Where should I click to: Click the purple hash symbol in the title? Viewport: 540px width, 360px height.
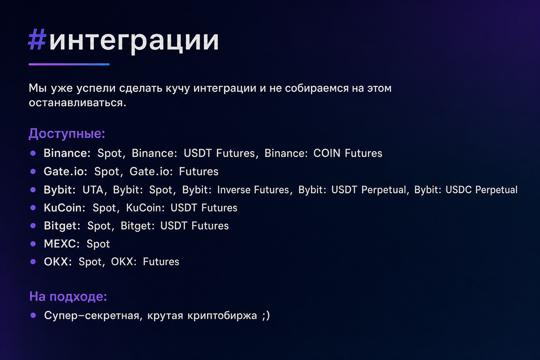(x=37, y=39)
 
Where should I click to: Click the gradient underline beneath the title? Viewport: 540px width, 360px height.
(x=69, y=64)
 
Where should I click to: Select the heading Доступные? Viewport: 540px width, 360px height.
(x=67, y=134)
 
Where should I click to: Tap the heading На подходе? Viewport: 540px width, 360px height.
(x=68, y=296)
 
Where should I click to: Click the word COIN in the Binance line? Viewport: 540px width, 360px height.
(x=327, y=153)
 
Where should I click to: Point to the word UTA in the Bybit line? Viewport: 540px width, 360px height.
(x=93, y=190)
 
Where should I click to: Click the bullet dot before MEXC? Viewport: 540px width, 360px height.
(x=33, y=244)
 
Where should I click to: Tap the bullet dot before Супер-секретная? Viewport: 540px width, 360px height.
(x=33, y=315)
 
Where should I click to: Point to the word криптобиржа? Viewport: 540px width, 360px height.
(x=222, y=316)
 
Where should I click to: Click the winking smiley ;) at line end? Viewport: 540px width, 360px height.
(x=266, y=316)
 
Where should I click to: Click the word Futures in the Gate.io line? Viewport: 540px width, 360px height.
(x=199, y=172)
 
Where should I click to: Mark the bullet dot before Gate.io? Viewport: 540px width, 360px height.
(x=33, y=172)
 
